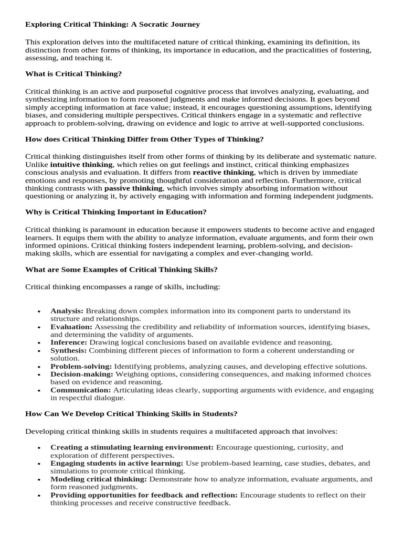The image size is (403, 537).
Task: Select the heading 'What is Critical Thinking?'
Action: [73, 73]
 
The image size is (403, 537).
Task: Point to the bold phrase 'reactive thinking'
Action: [224, 172]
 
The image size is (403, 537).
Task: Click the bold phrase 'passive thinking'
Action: [134, 188]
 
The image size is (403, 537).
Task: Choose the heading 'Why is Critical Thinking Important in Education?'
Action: [115, 212]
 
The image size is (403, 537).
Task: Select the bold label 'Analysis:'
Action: [67, 311]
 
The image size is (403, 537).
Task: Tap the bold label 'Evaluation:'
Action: [71, 327]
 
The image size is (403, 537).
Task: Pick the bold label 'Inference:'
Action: [68, 342]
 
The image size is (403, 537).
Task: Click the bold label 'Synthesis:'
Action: [69, 350]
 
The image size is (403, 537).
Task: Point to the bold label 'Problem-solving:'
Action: [81, 366]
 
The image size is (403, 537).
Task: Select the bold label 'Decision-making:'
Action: [82, 374]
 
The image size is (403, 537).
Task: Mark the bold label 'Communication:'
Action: [80, 390]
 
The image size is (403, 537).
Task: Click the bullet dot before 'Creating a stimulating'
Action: [39, 448]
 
